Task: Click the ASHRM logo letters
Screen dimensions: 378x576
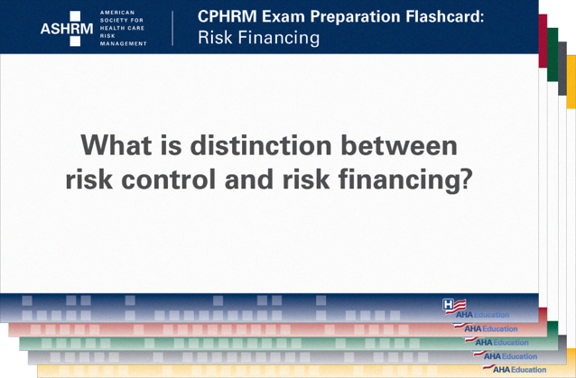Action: point(67,28)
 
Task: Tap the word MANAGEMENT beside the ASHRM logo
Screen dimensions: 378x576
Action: point(123,43)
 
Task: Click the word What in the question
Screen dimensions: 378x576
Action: point(120,145)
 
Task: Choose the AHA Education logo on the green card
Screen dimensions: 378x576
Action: point(502,343)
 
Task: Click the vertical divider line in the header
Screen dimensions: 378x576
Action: point(172,28)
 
